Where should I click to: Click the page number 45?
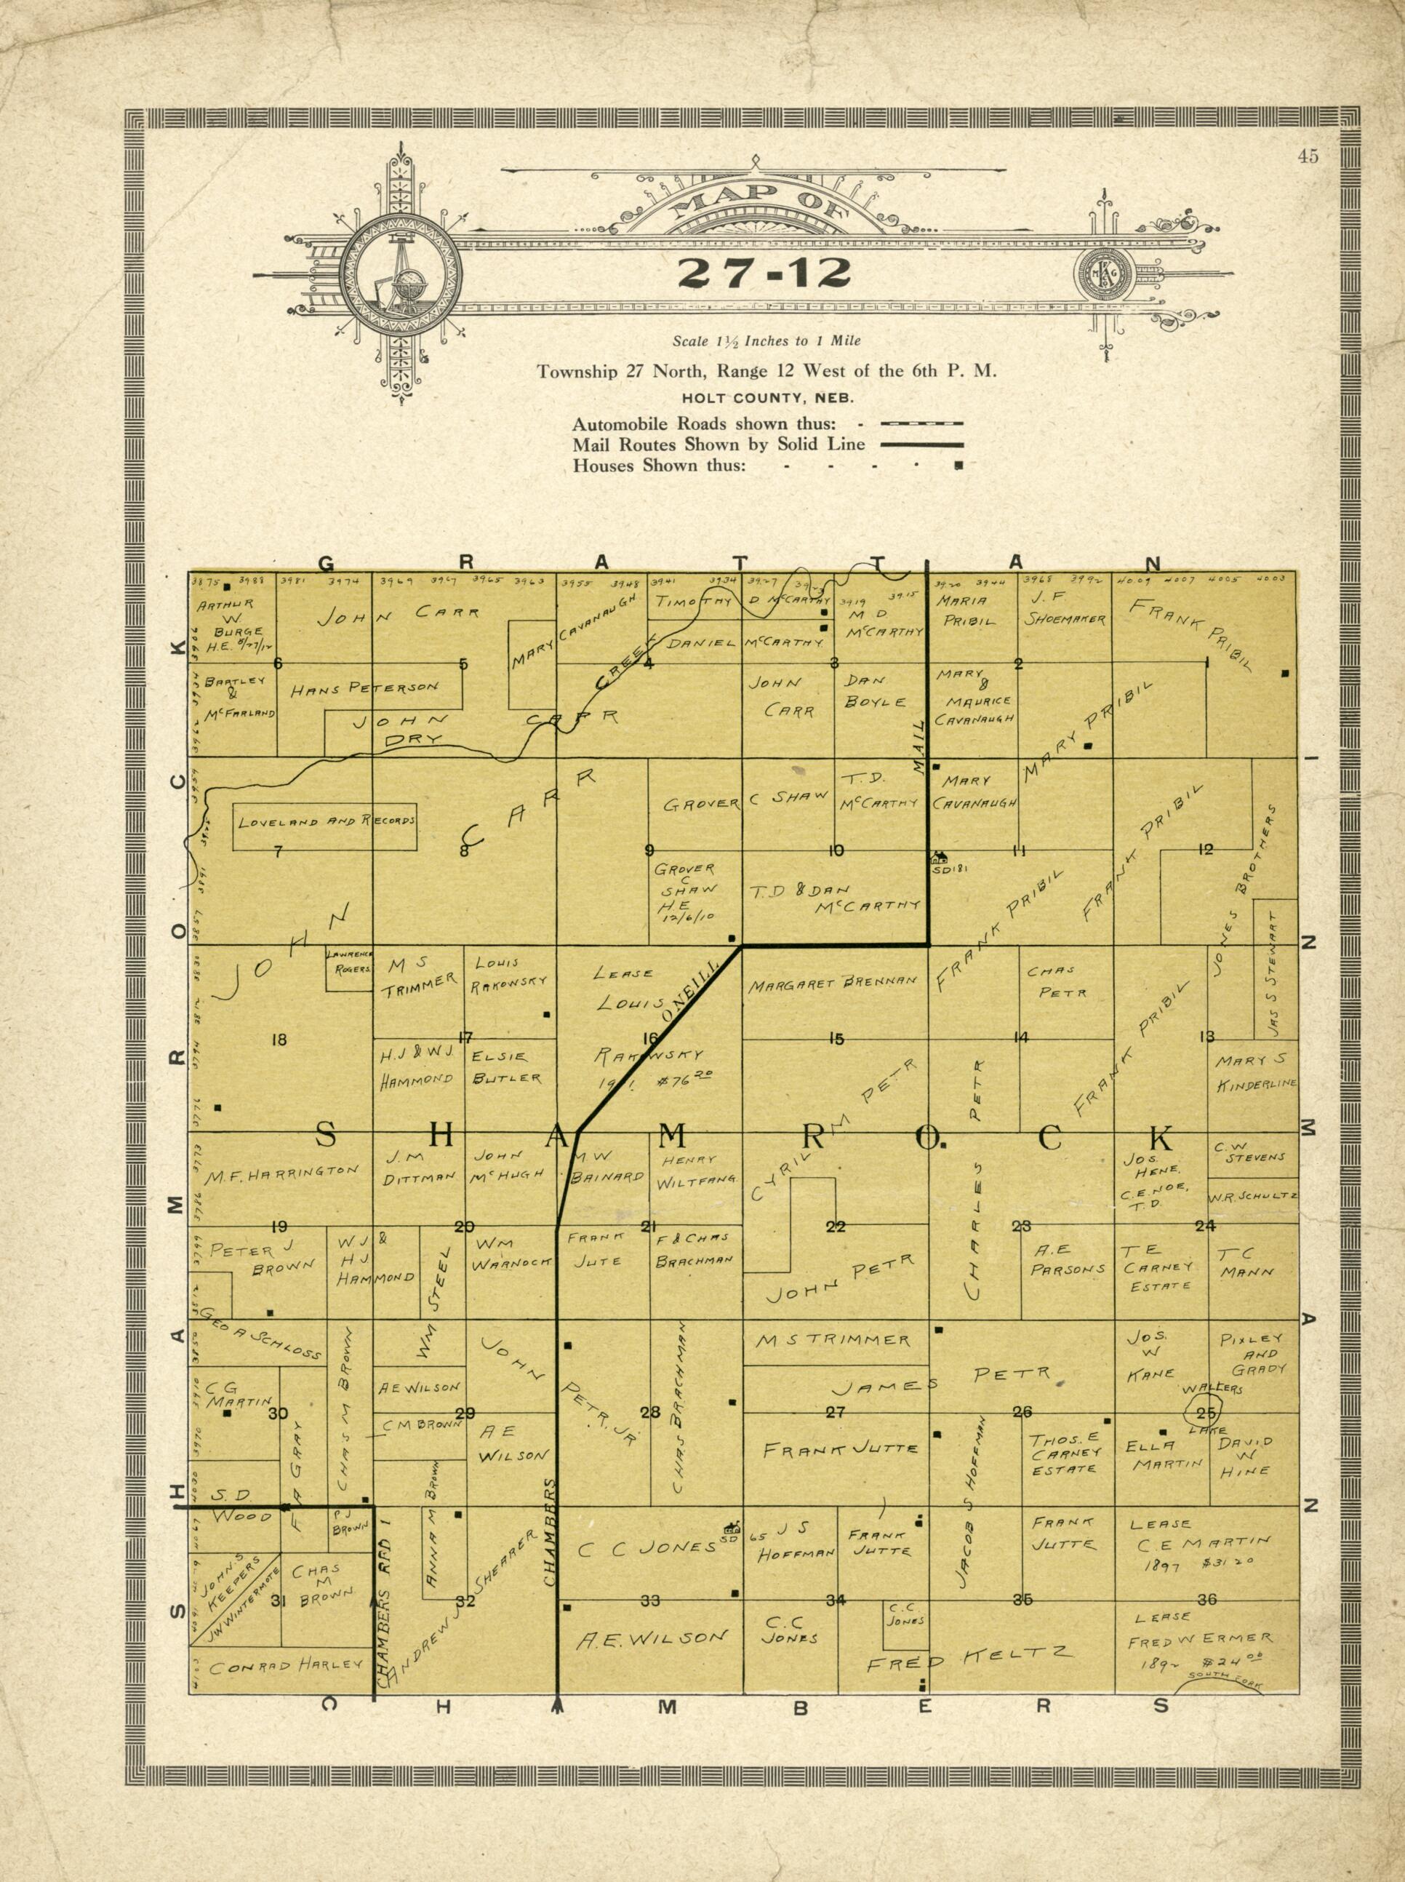(x=1308, y=155)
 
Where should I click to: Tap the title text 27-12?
(x=764, y=272)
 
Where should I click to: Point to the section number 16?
(x=651, y=1037)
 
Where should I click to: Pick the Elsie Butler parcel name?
(x=507, y=1067)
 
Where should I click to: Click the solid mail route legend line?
(x=922, y=444)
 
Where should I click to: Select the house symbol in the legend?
(x=958, y=466)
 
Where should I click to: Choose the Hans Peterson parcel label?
(x=365, y=688)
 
